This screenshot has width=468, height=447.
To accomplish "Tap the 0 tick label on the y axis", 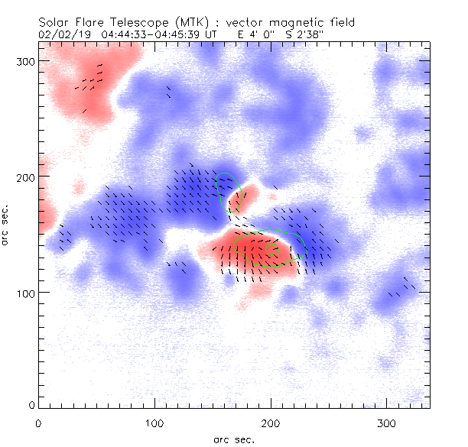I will coord(31,404).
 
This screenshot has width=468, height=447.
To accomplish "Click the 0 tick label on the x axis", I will coord(38,423).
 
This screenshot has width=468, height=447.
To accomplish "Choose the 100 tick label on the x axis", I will coord(154,423).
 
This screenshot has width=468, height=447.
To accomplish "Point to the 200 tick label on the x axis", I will coord(271,423).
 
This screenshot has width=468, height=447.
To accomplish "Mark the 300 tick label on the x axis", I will coord(387,423).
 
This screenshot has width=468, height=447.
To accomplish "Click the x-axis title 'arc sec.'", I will coord(234,439).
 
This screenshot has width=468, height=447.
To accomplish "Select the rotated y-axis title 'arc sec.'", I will coord(6,225).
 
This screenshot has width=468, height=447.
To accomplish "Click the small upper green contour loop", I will coord(228,191).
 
